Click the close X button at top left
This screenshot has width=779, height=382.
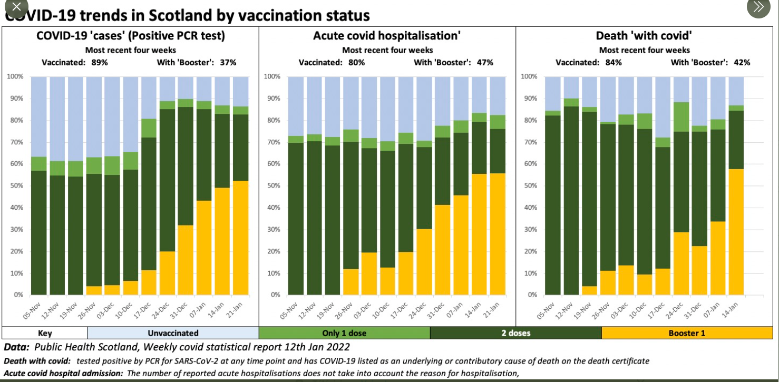(16, 8)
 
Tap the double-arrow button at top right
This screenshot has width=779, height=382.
(758, 7)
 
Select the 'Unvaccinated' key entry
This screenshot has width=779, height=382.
(173, 333)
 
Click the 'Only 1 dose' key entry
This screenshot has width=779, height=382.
(344, 333)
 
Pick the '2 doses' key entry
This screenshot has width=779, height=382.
(515, 333)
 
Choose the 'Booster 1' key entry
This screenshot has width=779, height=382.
(687, 333)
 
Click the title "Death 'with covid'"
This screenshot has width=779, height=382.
(644, 36)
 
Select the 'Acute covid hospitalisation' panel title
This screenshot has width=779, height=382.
(387, 36)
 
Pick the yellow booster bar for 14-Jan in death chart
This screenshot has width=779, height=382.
(736, 232)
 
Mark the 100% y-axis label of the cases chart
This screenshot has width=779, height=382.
(15, 77)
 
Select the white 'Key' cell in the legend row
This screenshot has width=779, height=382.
(45, 333)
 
